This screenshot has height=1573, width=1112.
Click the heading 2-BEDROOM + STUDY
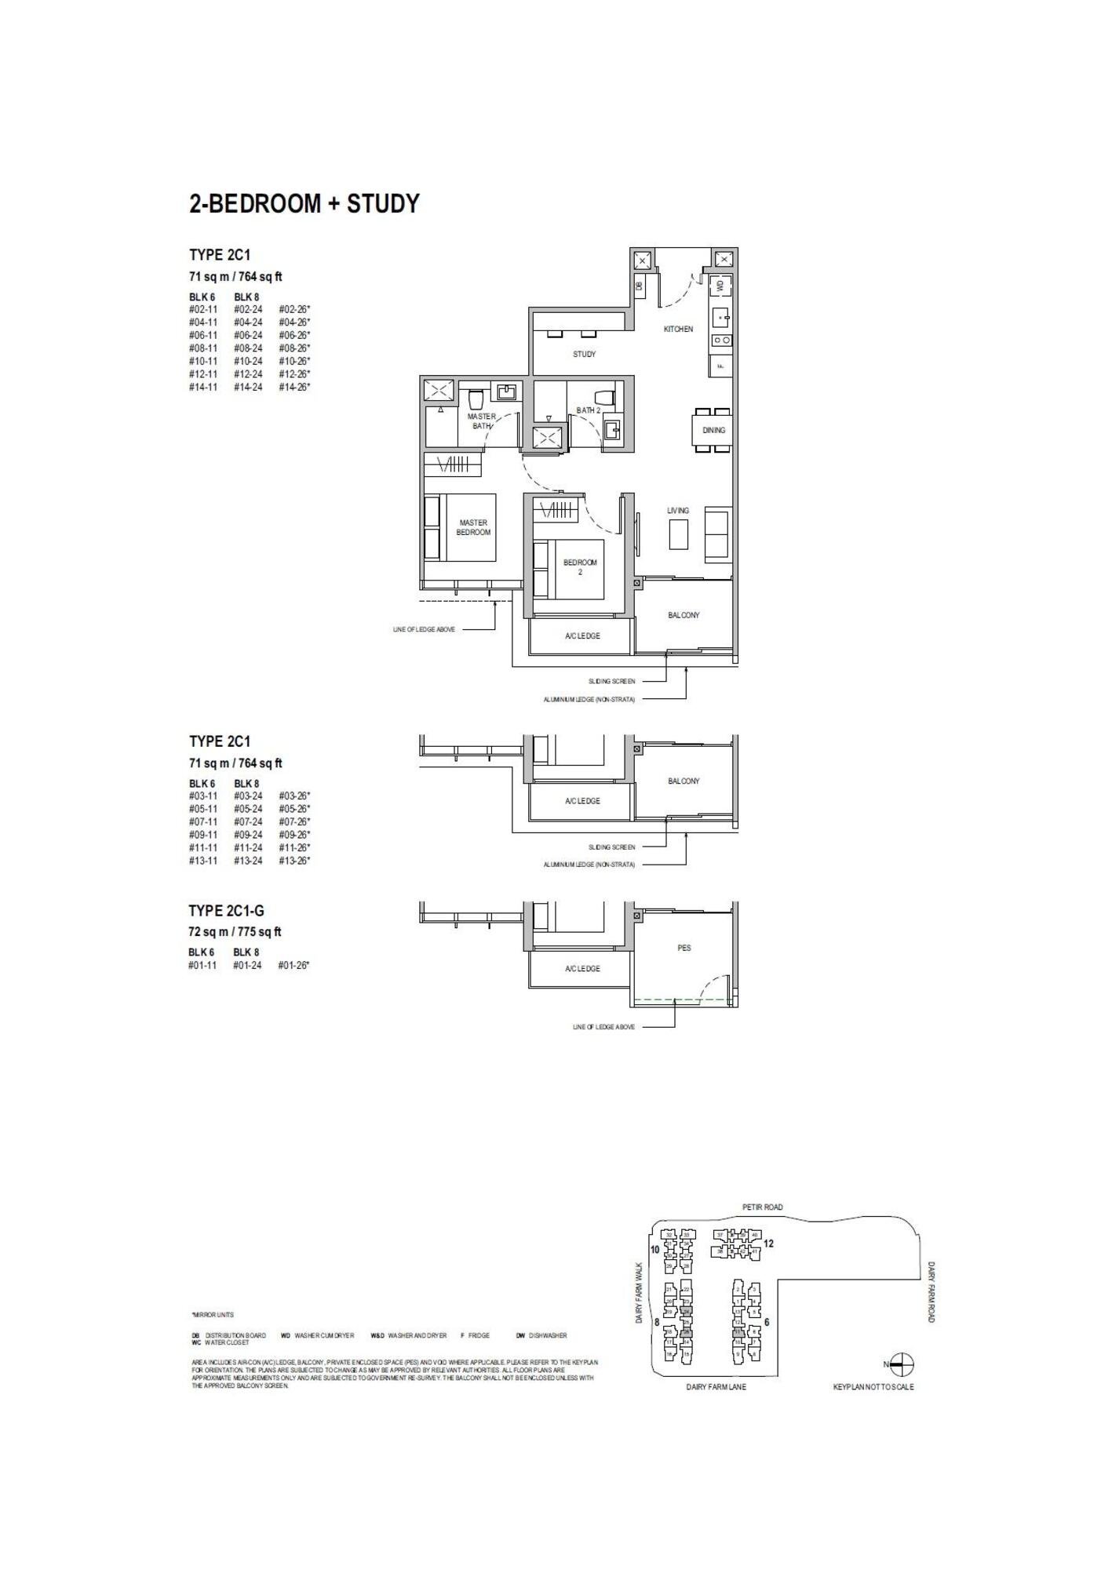click(x=304, y=204)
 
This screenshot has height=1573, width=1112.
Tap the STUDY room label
click(x=584, y=355)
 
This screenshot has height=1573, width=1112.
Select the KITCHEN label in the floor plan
click(x=678, y=330)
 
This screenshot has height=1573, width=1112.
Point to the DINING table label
click(x=713, y=430)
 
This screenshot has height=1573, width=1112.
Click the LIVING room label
click(x=678, y=511)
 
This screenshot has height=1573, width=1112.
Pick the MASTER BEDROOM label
click(x=473, y=527)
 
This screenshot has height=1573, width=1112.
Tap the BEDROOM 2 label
click(x=580, y=567)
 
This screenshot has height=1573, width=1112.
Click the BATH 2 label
click(x=588, y=410)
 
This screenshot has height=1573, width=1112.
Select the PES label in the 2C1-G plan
click(x=684, y=948)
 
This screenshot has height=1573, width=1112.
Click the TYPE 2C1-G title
click(x=226, y=911)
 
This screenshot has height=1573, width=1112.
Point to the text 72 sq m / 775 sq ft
click(x=235, y=932)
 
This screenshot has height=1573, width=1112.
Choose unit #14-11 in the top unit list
click(x=203, y=388)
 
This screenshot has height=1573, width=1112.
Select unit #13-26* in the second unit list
click(x=294, y=861)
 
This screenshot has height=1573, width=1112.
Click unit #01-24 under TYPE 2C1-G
click(x=247, y=966)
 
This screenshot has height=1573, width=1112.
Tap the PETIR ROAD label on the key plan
click(x=762, y=1207)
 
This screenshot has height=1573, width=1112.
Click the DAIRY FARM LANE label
click(x=716, y=1387)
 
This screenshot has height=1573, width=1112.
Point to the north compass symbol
click(x=902, y=1364)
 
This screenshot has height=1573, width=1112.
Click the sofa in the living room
click(x=716, y=534)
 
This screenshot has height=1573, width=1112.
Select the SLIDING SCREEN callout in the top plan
click(x=612, y=681)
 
